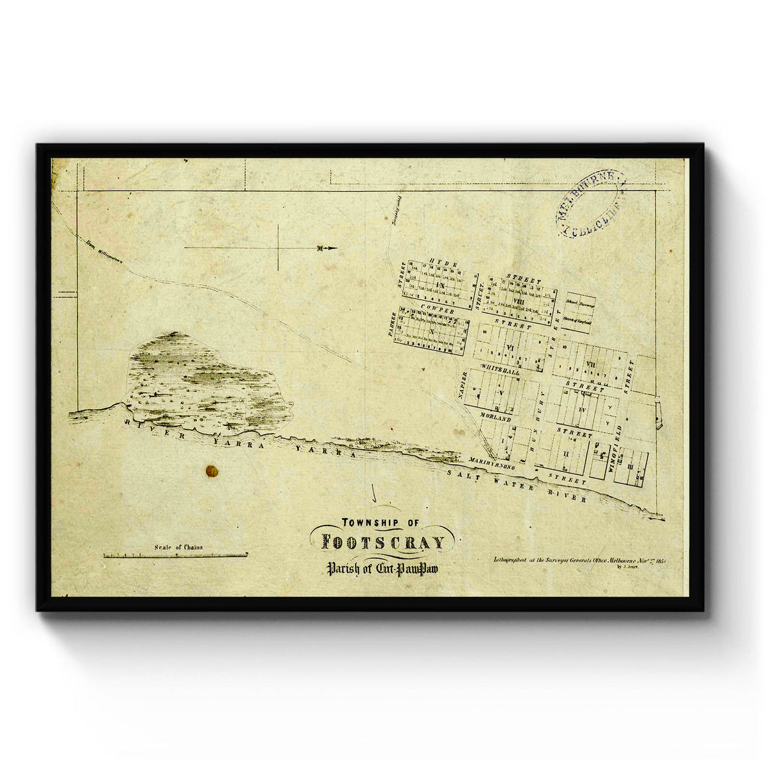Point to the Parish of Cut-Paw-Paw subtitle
[382, 568]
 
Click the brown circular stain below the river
[211, 472]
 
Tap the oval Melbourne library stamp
[590, 203]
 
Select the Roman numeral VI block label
[511, 347]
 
